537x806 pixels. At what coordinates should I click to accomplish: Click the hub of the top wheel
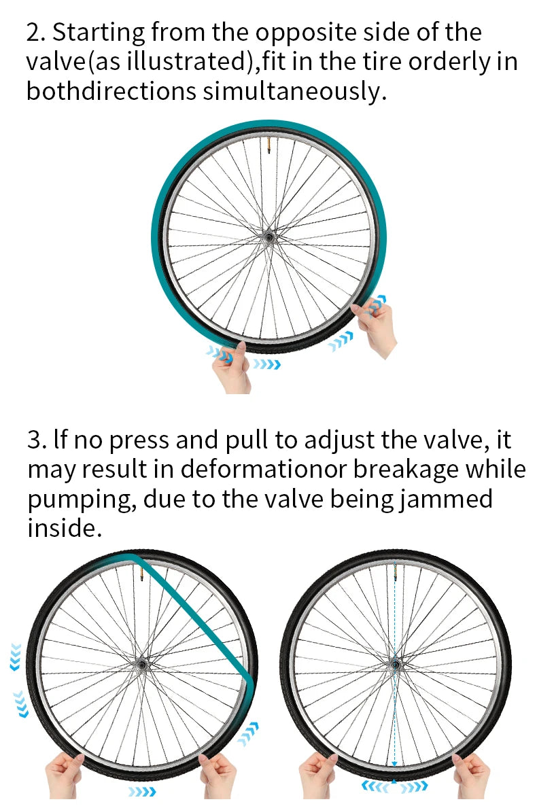click(268, 237)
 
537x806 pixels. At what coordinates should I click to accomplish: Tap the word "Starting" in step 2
click(99, 33)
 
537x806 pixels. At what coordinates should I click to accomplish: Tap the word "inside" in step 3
click(61, 528)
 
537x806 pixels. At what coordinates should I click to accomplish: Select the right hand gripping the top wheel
click(375, 326)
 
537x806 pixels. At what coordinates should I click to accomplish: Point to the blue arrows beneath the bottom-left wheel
click(142, 792)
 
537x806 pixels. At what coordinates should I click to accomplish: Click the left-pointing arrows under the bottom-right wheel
click(375, 786)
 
